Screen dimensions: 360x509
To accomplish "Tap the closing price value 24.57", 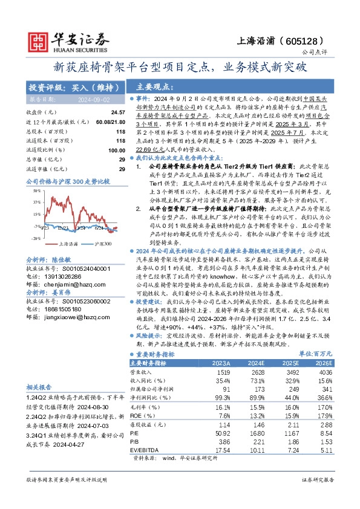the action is click(x=117, y=112).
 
